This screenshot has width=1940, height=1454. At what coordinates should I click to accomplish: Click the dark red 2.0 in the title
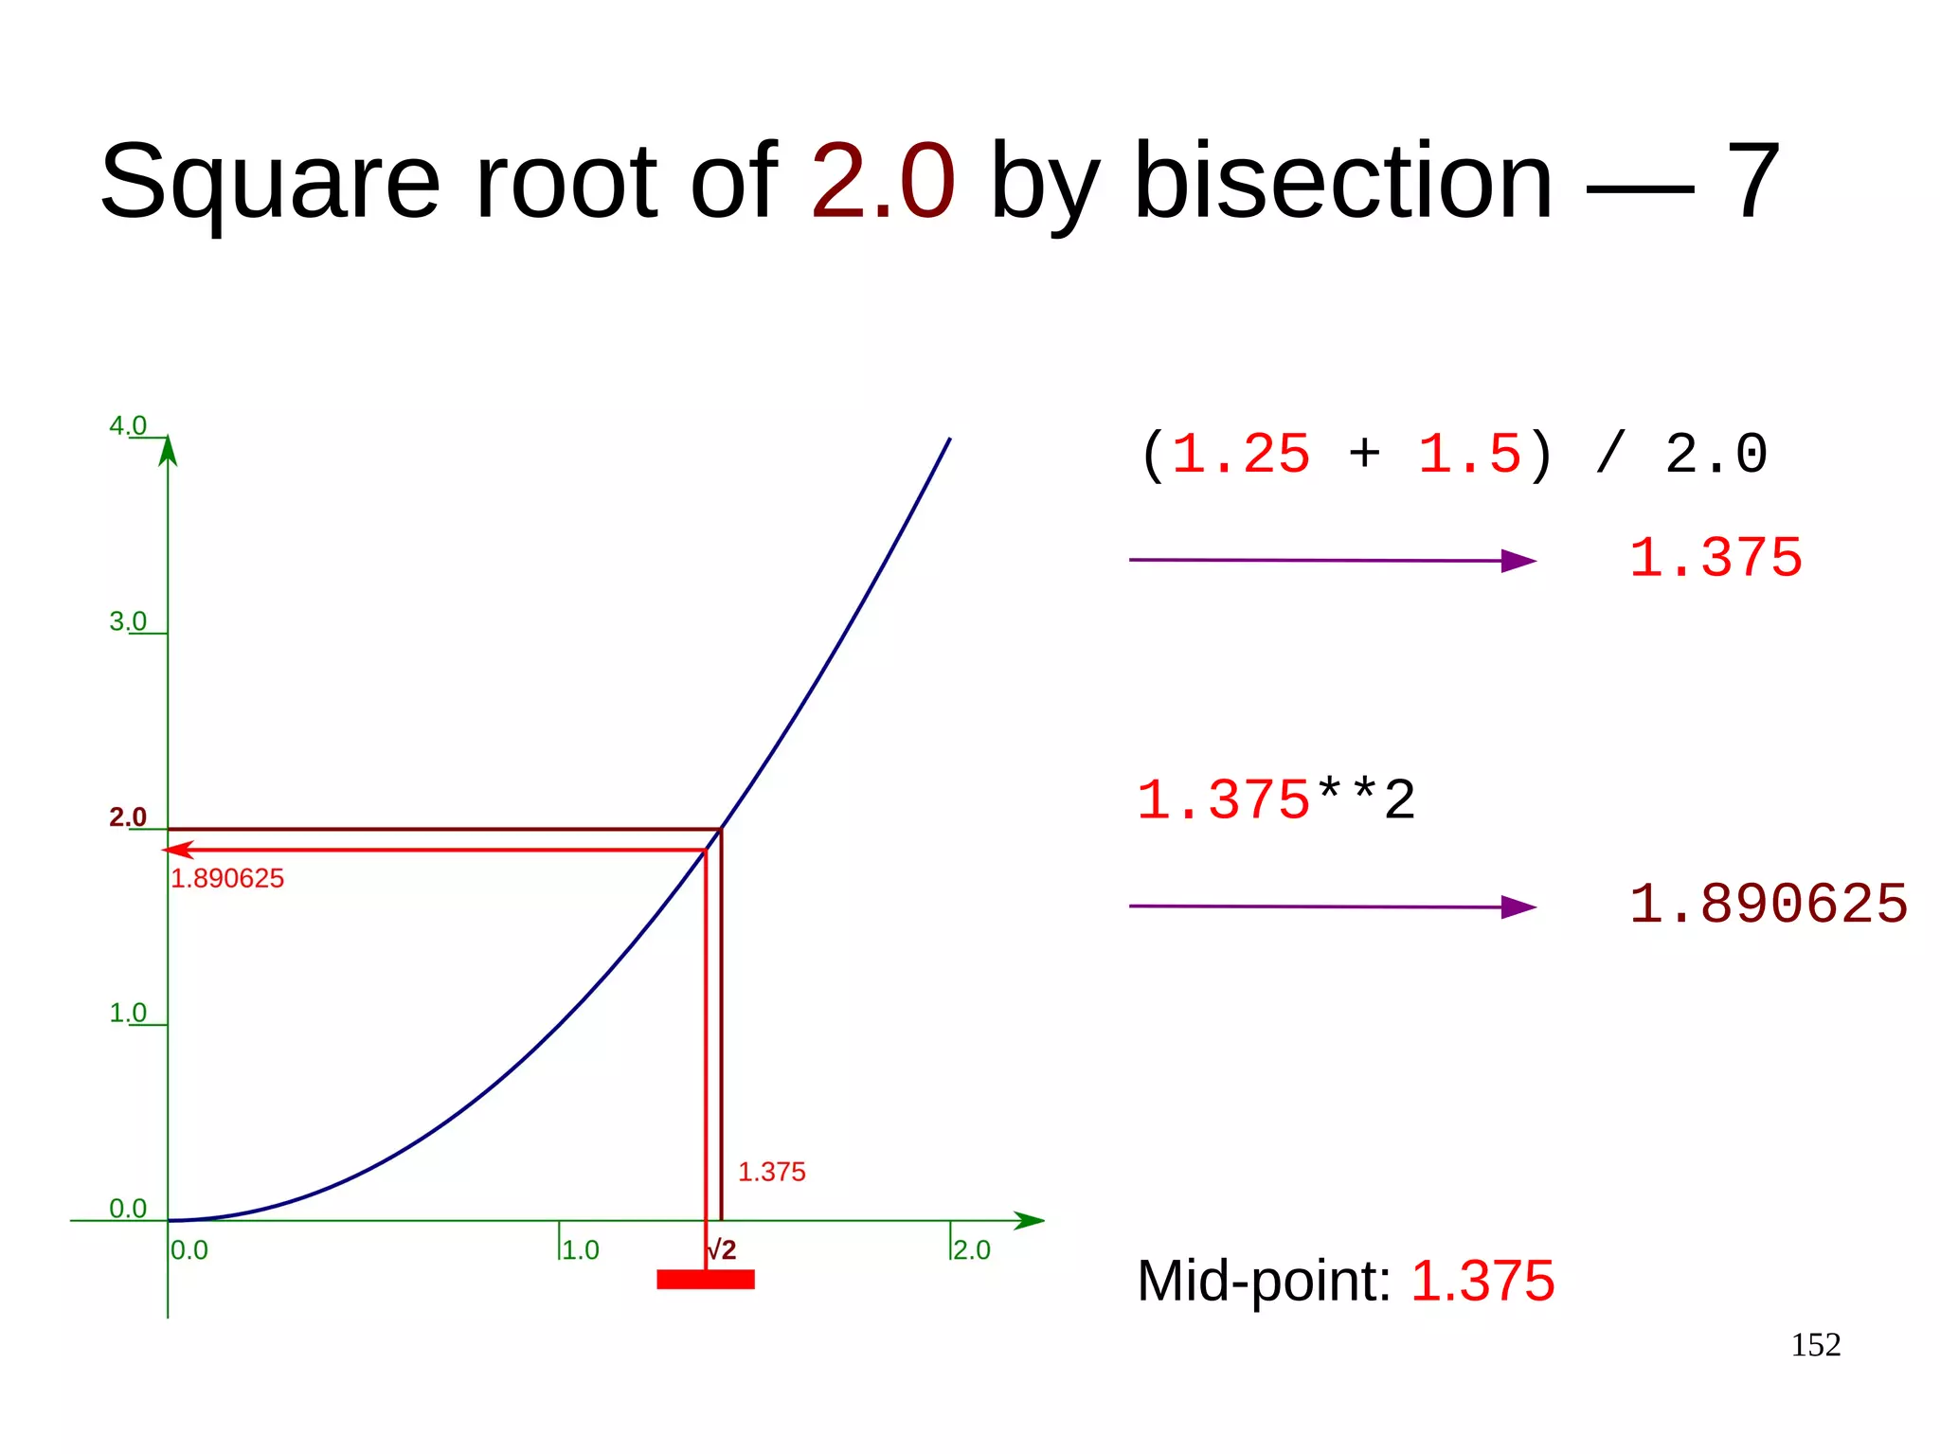coord(883,180)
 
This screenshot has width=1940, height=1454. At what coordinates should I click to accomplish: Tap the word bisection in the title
coord(1342,180)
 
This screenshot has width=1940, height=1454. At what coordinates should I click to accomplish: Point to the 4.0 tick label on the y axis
coord(128,425)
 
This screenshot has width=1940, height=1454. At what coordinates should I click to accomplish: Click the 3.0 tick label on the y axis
coord(128,621)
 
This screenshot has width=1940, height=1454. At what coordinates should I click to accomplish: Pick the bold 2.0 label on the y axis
coord(128,817)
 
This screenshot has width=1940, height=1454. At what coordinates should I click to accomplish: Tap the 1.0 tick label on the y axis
coord(128,1013)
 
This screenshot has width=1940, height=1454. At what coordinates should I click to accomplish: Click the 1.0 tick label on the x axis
coord(581,1249)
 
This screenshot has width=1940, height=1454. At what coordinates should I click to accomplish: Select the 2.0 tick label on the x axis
coord(972,1249)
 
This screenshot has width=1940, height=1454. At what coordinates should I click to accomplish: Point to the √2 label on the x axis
coord(722,1249)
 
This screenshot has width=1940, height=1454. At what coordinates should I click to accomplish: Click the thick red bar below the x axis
coord(706,1280)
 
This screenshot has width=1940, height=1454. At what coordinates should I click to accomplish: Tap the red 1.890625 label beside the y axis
coord(227,878)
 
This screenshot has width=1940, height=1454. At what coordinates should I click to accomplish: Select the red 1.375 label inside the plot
coord(771,1172)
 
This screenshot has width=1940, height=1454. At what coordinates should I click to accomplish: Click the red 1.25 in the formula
coord(1241,454)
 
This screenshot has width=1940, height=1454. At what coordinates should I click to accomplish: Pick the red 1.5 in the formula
coord(1469,454)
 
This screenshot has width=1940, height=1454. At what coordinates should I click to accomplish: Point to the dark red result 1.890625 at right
coord(1768,904)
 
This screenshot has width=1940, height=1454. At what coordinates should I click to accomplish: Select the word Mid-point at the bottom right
coord(1264,1281)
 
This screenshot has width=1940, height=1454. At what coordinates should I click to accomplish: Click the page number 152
coord(1815,1345)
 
